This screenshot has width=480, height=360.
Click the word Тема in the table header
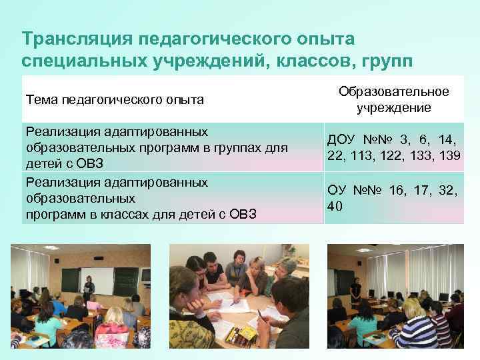41,100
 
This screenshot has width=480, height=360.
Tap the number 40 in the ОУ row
335,206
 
